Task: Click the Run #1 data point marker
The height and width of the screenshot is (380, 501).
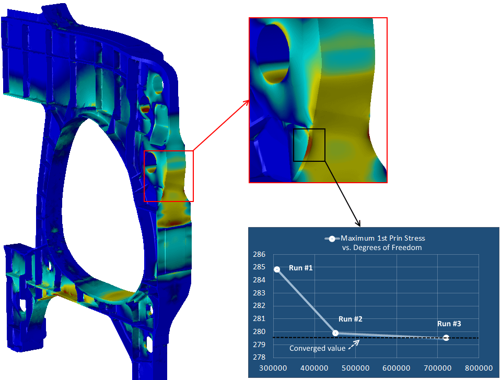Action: (x=277, y=269)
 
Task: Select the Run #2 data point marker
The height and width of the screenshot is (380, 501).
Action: (x=335, y=333)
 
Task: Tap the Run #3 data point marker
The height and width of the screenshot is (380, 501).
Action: (x=446, y=338)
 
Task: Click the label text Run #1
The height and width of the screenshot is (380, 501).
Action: (x=301, y=268)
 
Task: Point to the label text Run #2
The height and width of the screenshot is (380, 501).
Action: (x=351, y=319)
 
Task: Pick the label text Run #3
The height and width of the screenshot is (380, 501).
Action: (x=449, y=324)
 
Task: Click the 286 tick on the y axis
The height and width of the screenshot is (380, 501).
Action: (x=259, y=255)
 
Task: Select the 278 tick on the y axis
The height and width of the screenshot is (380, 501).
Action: (x=259, y=358)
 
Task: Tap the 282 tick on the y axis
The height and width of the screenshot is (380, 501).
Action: (x=259, y=305)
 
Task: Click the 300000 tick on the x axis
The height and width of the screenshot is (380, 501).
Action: (x=273, y=368)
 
